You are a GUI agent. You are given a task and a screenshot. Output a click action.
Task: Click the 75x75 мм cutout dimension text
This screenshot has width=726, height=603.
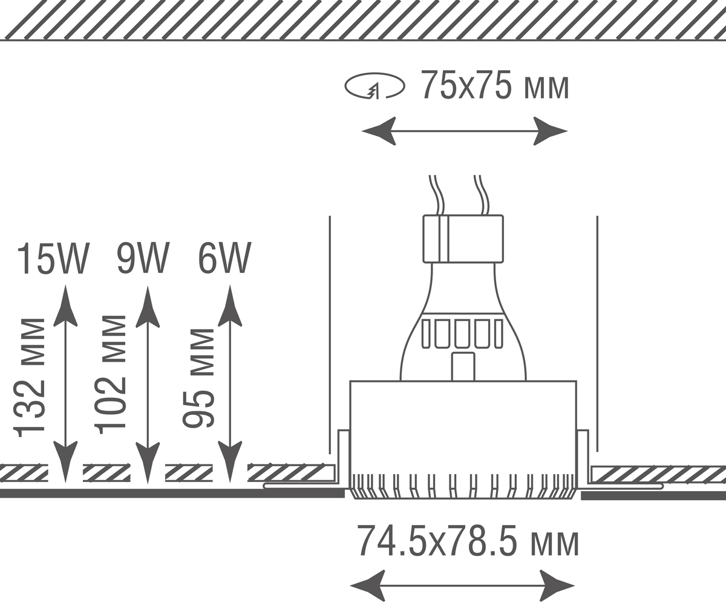point(495,85)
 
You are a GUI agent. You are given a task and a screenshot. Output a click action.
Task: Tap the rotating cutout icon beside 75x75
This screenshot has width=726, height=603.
point(375,86)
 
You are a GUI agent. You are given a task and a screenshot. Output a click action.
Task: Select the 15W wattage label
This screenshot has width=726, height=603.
point(53,259)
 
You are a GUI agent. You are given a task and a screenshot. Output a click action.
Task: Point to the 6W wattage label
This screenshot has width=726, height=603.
point(224,259)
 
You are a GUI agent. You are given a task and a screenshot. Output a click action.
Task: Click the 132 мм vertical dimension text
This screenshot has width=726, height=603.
point(29,377)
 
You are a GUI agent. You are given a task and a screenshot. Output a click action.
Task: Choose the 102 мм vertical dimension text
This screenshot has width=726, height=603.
point(111,376)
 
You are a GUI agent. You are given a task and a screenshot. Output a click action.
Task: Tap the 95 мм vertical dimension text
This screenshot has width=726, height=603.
point(198,378)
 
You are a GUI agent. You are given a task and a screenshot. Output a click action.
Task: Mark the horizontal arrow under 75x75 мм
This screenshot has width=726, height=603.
point(465,131)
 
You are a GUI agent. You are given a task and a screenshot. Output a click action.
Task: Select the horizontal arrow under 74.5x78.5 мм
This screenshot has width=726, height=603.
point(462,586)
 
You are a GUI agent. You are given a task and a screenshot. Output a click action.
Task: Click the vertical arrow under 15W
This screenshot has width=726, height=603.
point(65,385)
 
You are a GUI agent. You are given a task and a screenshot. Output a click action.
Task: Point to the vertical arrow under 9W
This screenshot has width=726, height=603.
point(148,385)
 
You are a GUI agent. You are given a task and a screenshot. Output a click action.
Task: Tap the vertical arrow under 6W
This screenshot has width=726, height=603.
point(230,385)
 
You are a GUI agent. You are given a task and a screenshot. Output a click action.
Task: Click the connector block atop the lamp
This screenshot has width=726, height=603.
point(463,239)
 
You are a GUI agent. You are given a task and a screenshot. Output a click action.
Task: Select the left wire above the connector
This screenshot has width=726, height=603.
point(437,195)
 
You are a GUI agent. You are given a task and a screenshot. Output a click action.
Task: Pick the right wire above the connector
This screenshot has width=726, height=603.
point(482,195)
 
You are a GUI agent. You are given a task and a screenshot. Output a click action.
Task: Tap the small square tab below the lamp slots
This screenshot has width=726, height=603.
point(463,367)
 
